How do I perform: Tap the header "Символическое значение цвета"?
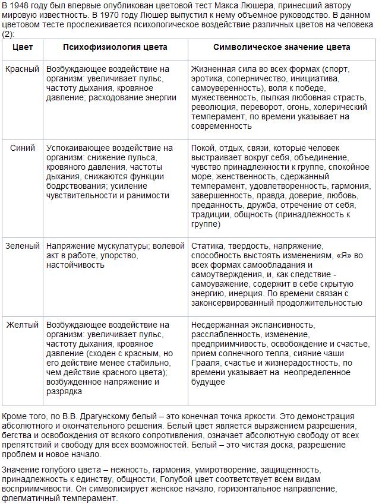(x=282, y=47)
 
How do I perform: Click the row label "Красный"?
(x=22, y=69)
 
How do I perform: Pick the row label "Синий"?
(x=23, y=148)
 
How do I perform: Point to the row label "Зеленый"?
(x=22, y=245)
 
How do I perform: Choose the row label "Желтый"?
(x=22, y=325)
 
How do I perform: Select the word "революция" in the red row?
(x=211, y=107)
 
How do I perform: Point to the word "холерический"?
(x=342, y=107)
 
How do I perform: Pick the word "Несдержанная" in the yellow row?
(x=219, y=325)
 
